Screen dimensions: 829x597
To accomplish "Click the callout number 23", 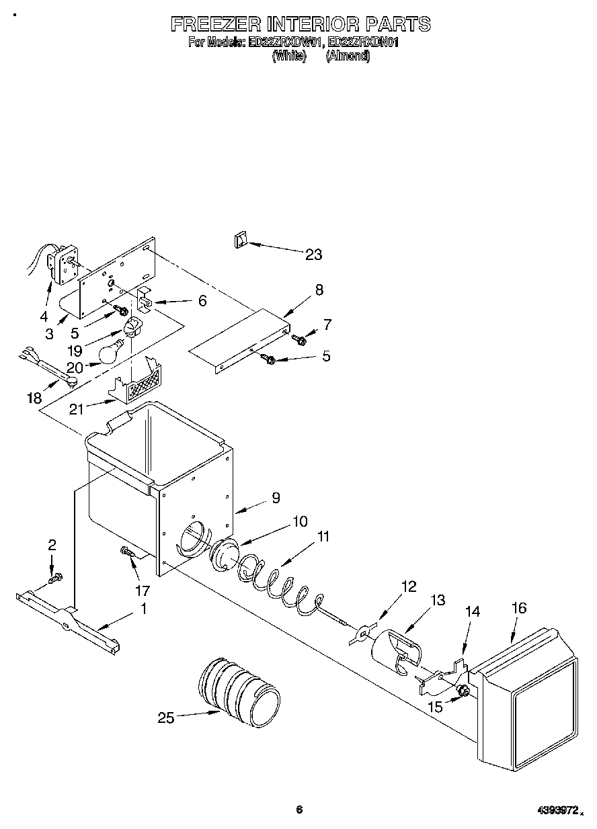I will pos(313,255).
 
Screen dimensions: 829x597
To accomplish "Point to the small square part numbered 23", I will pos(241,240).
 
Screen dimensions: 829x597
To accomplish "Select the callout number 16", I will pos(518,609).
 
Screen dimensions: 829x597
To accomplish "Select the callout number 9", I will pos(275,498).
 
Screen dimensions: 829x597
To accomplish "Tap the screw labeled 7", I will pos(301,341).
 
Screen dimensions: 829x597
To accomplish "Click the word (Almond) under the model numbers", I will pos(348,56).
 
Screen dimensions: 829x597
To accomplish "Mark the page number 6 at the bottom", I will pos(299,810).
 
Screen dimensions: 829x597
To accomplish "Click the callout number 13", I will pos(438,601).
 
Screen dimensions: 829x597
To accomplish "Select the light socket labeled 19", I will pos(132,329).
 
